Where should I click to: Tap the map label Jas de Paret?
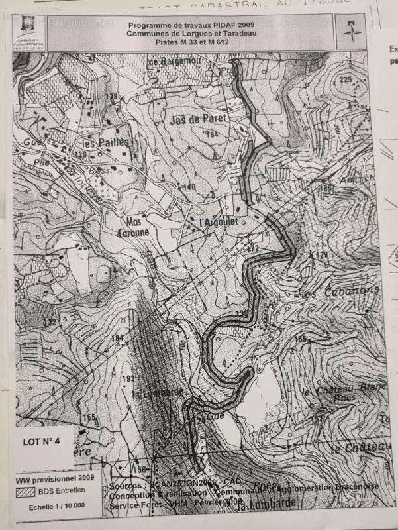[x=198, y=119]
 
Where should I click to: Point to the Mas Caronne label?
[x=136, y=228]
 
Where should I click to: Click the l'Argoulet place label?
[x=218, y=224]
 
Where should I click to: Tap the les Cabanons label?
[x=340, y=291]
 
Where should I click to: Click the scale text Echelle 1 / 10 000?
[x=54, y=507]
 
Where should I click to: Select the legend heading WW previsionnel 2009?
[x=54, y=478]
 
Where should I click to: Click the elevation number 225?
[x=345, y=79]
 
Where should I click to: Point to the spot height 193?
[x=128, y=378]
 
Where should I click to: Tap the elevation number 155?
[x=89, y=417]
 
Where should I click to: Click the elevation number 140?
[x=189, y=187]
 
